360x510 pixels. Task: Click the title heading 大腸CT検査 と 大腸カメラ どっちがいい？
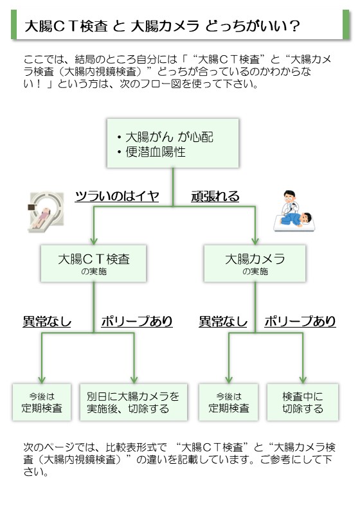point(162,26)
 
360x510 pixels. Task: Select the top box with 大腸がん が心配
point(173,143)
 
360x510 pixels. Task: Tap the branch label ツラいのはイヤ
point(117,196)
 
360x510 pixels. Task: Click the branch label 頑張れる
point(215,196)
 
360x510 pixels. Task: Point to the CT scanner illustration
point(46,212)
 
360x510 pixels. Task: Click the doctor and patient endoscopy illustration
point(294,211)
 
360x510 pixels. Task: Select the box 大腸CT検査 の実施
point(93,263)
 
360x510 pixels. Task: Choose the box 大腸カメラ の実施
point(255,263)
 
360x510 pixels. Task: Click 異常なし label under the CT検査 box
point(47,321)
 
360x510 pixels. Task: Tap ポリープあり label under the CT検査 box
point(137,321)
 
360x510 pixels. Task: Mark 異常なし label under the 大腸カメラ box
point(223,321)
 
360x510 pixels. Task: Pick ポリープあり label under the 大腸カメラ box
point(300,321)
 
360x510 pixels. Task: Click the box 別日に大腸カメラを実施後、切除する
point(134,402)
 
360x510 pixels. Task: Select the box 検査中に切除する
point(303,402)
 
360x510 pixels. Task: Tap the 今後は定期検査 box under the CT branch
point(42,402)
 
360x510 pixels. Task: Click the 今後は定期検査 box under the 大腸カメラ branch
point(228,402)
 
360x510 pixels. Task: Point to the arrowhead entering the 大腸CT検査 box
point(94,241)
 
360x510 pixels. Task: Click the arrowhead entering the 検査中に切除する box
point(303,380)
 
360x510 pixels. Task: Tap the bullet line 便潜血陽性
point(151,152)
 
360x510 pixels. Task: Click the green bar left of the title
point(14,24)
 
